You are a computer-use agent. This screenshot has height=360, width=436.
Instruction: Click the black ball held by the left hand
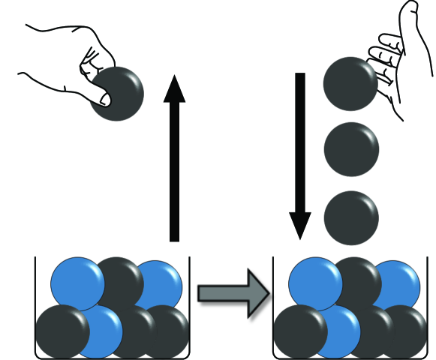(x=119, y=94)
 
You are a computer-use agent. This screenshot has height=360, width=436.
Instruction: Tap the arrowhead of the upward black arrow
(x=174, y=88)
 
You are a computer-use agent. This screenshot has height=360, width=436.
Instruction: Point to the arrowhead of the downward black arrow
(x=300, y=225)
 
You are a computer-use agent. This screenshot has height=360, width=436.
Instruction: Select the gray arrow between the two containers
(x=233, y=292)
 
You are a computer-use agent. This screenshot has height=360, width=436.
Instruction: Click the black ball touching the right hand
(x=349, y=84)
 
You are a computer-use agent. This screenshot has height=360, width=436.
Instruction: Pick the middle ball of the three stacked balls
(x=351, y=150)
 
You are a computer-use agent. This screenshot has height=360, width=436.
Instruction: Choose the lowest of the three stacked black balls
(x=351, y=217)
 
